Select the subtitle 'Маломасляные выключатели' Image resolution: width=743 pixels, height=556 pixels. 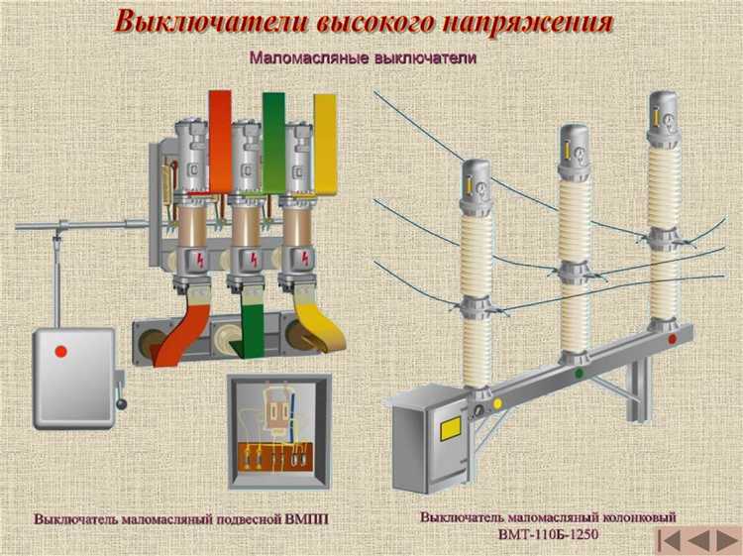364,58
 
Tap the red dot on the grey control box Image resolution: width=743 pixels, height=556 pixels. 60,351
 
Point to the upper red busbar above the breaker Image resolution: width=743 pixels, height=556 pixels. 220,139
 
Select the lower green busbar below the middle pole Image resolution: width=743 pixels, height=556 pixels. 254,332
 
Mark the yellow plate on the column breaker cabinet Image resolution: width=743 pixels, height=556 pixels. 451,429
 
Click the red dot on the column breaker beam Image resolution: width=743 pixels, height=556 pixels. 673,339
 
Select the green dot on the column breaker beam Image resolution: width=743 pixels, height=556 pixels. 580,373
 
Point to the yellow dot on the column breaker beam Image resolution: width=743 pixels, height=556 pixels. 497,403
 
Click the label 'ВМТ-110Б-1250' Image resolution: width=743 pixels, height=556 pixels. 546,535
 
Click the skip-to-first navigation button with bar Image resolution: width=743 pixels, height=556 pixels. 671,541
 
